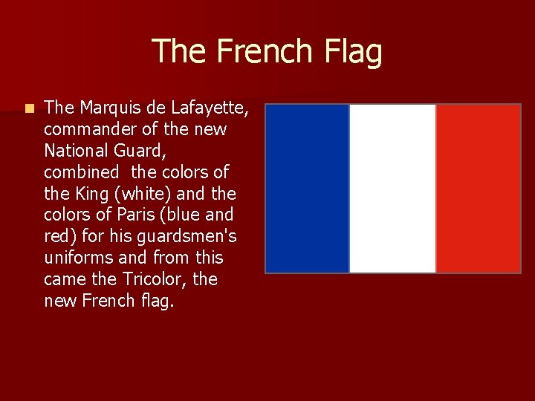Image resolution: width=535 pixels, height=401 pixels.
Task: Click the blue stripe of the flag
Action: click(308, 189)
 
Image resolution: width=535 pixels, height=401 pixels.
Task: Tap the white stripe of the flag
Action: click(392, 189)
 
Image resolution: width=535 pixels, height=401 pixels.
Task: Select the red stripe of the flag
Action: click(478, 189)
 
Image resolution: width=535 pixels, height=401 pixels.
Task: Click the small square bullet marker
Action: click(28, 108)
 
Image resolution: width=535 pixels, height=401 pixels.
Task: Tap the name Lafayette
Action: click(210, 108)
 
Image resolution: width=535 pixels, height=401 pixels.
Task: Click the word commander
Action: click(90, 130)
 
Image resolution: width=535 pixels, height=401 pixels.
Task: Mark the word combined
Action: click(81, 172)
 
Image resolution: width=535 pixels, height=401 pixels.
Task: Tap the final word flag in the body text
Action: click(159, 301)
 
